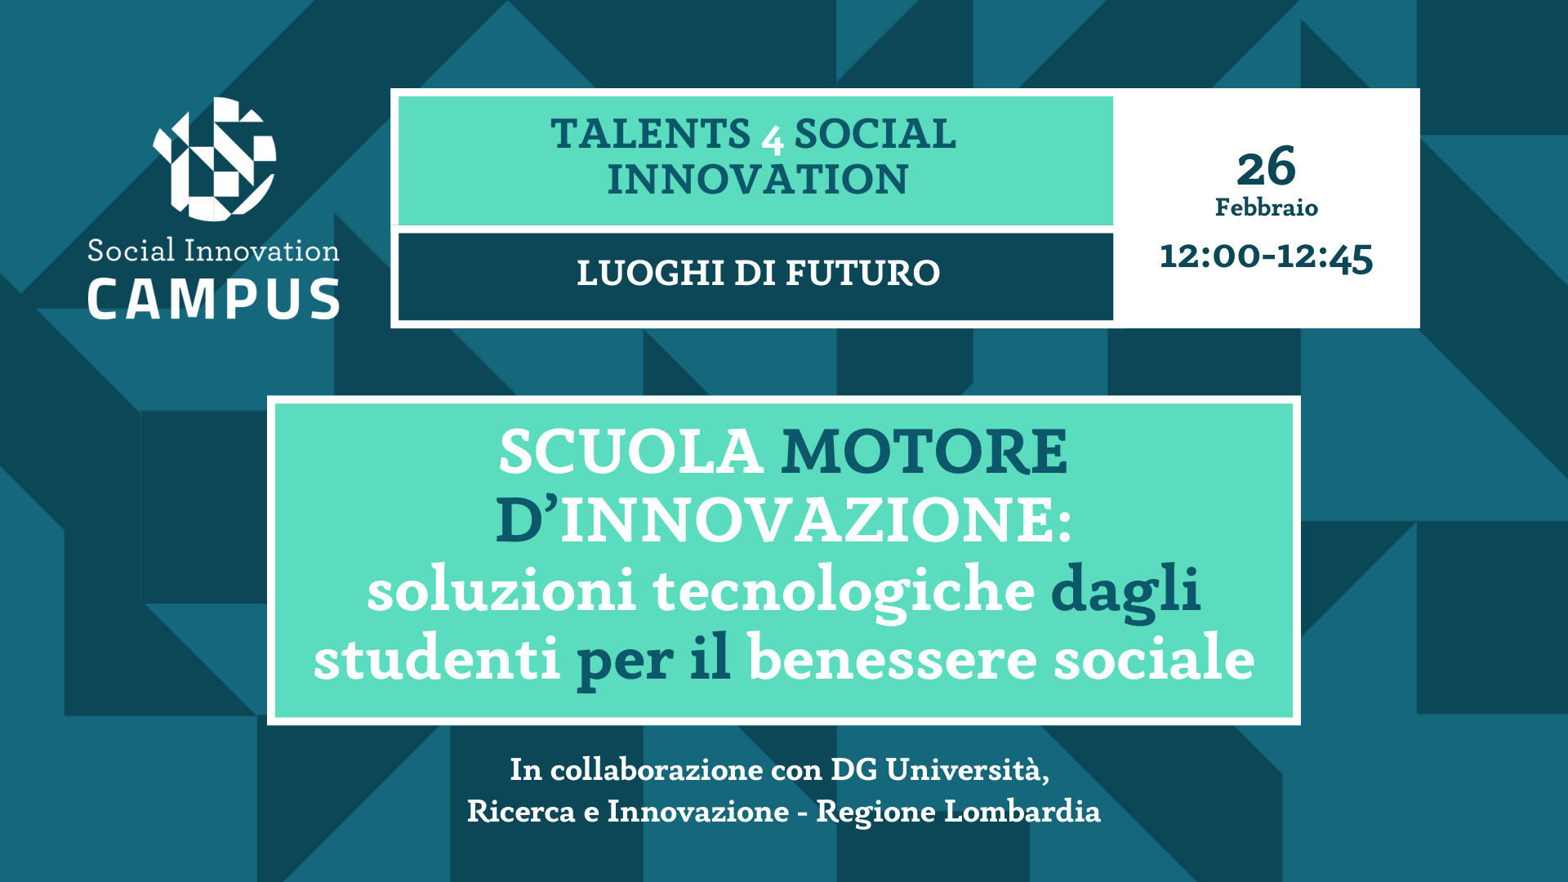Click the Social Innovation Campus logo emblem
click(215, 159)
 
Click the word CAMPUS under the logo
click(213, 299)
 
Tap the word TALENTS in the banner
click(650, 134)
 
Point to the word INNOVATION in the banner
click(757, 180)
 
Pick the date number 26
click(1266, 167)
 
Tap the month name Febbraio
click(1267, 207)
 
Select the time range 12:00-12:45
click(1267, 257)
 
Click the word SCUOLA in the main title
click(630, 451)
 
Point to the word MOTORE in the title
click(924, 451)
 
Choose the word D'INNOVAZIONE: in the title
click(783, 520)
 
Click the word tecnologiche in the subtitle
click(844, 590)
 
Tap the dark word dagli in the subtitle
click(1125, 590)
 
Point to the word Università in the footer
click(967, 769)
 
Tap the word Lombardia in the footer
click(1022, 811)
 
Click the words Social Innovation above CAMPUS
click(213, 250)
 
